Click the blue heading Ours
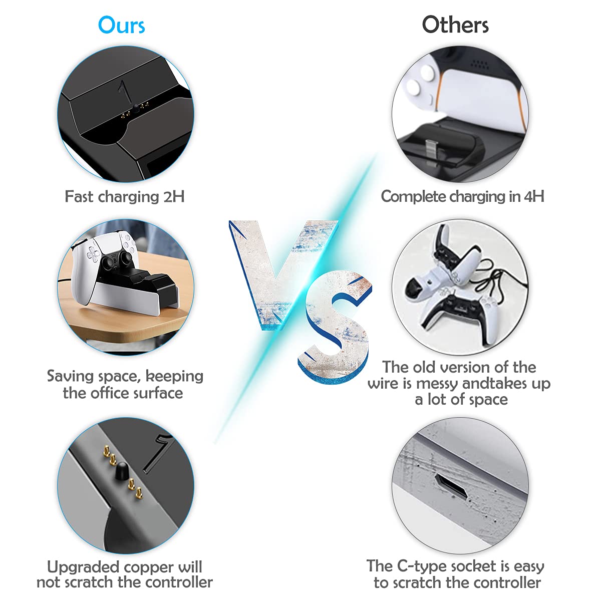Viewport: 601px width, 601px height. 121,25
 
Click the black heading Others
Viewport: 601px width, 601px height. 455,25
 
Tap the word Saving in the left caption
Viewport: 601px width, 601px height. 71,377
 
